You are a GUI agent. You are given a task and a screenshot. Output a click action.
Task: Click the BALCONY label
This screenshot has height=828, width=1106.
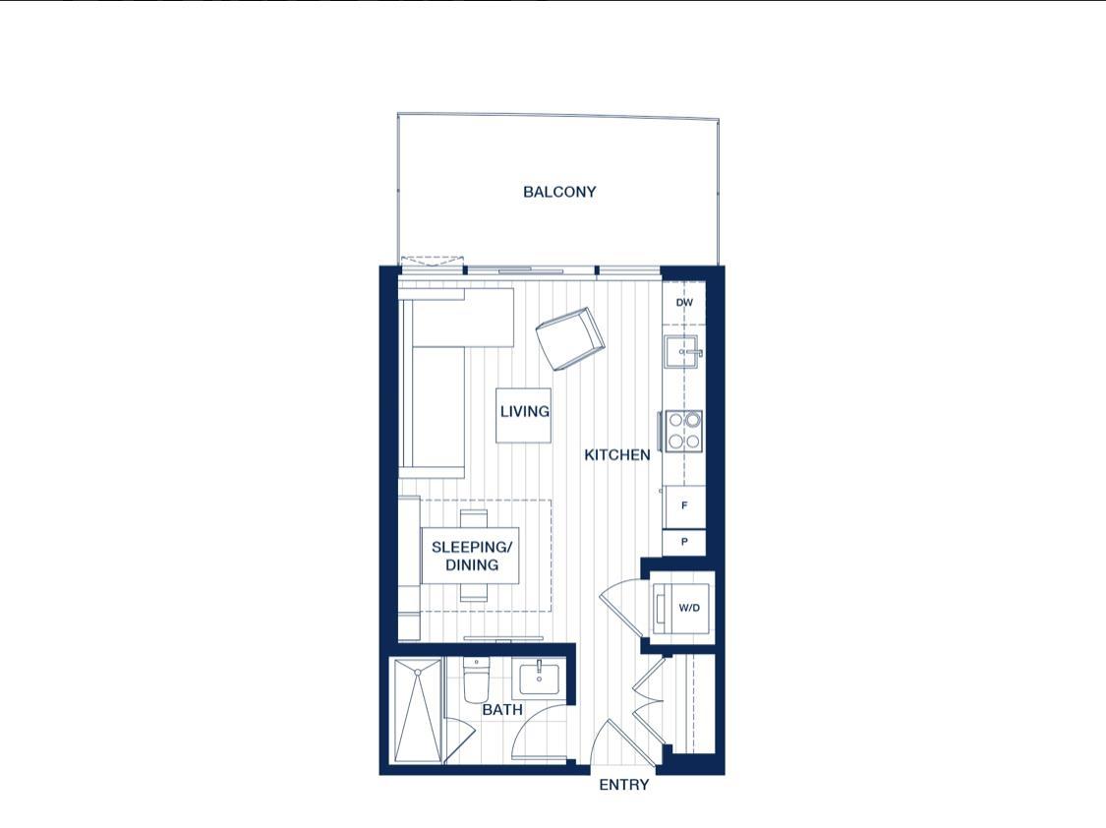pyautogui.click(x=559, y=192)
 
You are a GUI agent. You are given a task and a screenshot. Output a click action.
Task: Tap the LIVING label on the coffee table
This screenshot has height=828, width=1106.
pyautogui.click(x=524, y=411)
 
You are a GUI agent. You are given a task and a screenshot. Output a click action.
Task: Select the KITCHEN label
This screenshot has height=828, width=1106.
pyautogui.click(x=617, y=455)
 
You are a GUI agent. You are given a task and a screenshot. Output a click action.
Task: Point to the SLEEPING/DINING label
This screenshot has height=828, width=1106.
pyautogui.click(x=471, y=556)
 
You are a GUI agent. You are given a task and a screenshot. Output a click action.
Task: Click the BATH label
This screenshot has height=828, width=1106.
pyautogui.click(x=502, y=709)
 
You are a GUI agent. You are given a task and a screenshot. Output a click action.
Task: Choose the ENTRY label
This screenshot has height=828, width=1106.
pyautogui.click(x=624, y=785)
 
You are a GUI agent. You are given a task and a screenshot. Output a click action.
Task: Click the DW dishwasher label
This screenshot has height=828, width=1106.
pyautogui.click(x=684, y=303)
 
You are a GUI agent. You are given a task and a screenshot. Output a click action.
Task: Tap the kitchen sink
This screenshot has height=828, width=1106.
pyautogui.click(x=681, y=350)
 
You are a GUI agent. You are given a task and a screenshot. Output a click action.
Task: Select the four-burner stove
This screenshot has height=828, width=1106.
pyautogui.click(x=684, y=430)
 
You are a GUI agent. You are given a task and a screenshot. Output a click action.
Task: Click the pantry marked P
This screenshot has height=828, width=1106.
pyautogui.click(x=684, y=542)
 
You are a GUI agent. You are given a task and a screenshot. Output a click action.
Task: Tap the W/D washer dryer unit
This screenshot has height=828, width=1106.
pyautogui.click(x=686, y=608)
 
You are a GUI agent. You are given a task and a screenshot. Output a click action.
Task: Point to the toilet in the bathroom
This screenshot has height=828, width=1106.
pyautogui.click(x=476, y=681)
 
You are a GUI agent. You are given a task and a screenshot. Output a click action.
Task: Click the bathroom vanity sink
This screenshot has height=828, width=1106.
pyautogui.click(x=539, y=678)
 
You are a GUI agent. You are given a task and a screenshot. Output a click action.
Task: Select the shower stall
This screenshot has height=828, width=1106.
pyautogui.click(x=417, y=710)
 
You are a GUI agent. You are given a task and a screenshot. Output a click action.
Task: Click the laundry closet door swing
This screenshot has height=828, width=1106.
pyautogui.click(x=621, y=610)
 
